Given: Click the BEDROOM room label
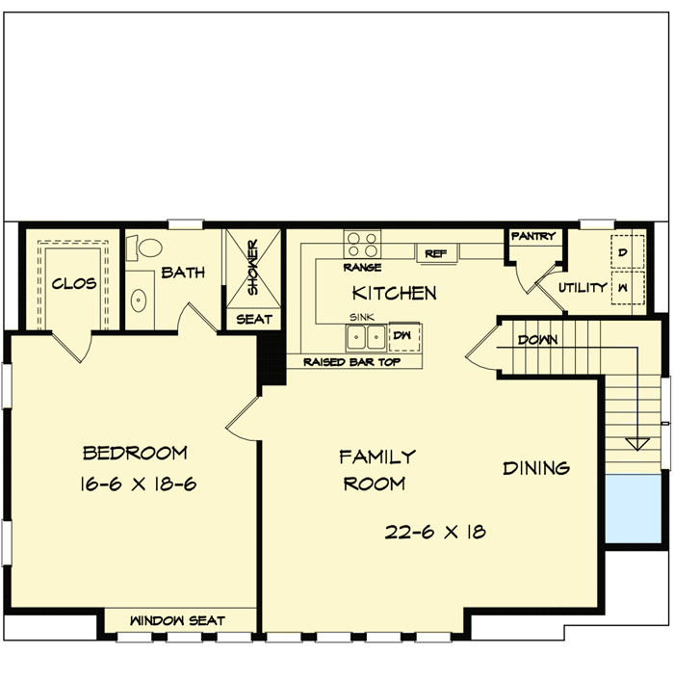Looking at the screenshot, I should [x=135, y=453].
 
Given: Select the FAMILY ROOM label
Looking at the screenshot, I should [x=376, y=469].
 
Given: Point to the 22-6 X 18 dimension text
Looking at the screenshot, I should [x=433, y=531].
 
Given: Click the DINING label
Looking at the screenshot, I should [x=536, y=468].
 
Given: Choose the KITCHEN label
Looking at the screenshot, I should [x=394, y=292].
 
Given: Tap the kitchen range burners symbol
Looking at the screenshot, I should [x=362, y=243].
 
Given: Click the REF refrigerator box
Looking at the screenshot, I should [x=435, y=253].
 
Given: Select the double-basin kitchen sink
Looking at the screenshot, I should [x=366, y=336].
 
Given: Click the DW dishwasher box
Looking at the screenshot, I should [x=402, y=335].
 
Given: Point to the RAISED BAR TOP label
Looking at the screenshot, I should [x=350, y=362].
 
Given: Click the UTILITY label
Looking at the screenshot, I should [x=583, y=287].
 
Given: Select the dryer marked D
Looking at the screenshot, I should [x=622, y=252].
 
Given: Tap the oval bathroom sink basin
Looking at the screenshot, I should [x=139, y=299].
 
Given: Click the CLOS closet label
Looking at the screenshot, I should [x=72, y=284].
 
